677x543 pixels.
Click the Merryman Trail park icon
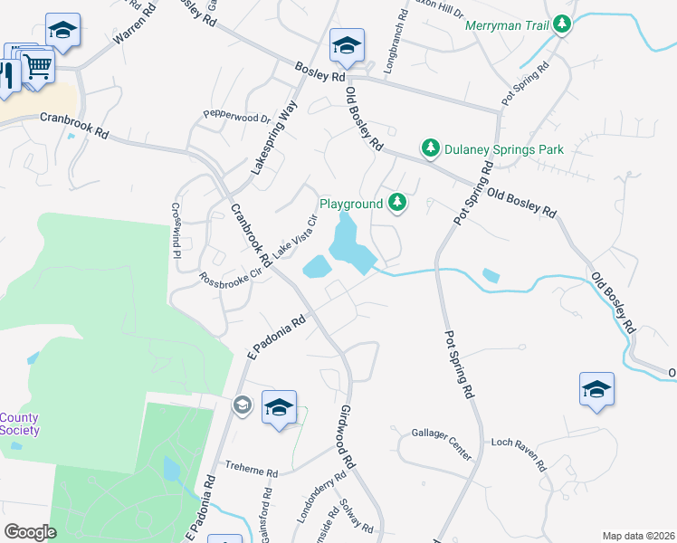563,24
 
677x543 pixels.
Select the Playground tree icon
396,204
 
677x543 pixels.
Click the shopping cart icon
37,65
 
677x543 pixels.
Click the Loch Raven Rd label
518,455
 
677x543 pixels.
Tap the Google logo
30,532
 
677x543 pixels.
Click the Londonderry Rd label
321,497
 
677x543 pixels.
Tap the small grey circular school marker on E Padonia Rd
242,405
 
